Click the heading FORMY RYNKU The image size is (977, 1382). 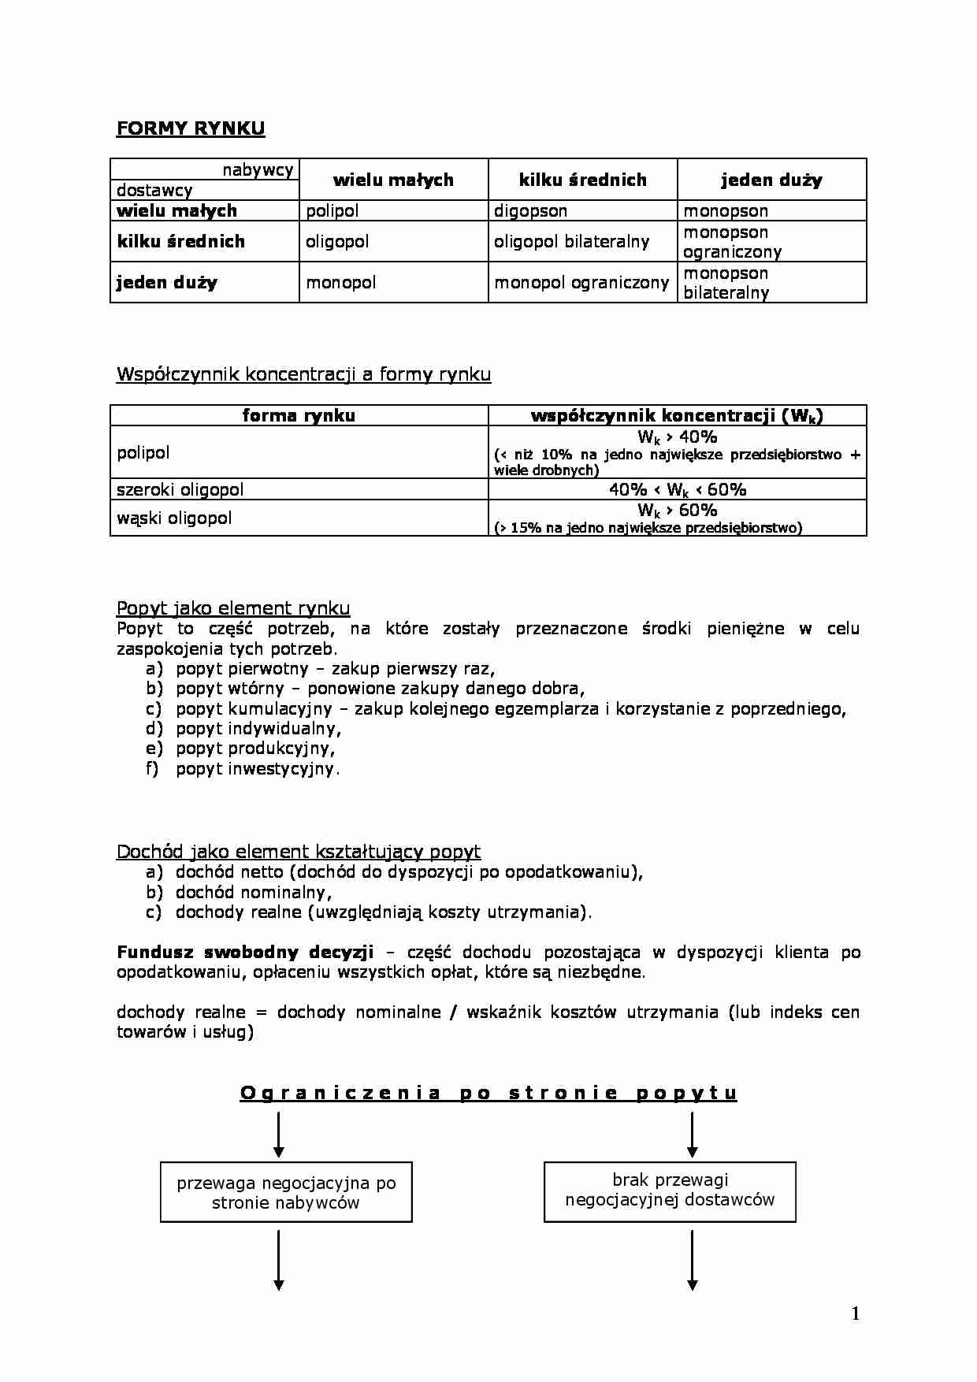tap(191, 128)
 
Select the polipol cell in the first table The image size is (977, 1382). tap(332, 210)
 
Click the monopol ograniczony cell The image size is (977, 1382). tap(581, 282)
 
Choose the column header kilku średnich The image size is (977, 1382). tap(582, 180)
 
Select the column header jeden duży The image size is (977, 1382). tap(771, 180)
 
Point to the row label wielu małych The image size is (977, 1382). tap(176, 210)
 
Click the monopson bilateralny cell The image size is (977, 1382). tap(726, 283)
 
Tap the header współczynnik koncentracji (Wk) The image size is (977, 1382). tap(677, 416)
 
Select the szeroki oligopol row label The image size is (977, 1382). tap(180, 489)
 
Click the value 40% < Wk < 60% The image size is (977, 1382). tap(677, 489)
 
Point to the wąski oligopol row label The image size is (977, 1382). tap(174, 518)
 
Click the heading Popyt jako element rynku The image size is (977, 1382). tap(233, 607)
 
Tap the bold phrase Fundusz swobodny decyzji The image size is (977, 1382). tap(245, 952)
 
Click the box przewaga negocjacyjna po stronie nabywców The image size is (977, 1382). tap(286, 1192)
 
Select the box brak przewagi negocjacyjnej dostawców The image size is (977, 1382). tap(670, 1190)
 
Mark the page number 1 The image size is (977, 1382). tap(856, 1313)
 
